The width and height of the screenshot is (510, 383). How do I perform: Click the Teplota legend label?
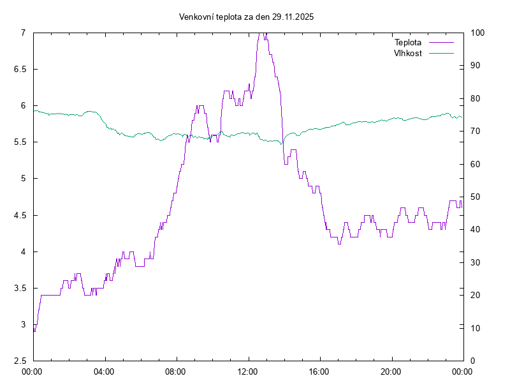pyautogui.click(x=408, y=43)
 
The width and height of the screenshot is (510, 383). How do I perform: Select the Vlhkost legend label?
pyautogui.click(x=408, y=53)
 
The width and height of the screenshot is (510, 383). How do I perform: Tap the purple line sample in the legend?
pyautogui.click(x=441, y=43)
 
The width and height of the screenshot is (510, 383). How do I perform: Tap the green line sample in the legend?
pyautogui.click(x=441, y=53)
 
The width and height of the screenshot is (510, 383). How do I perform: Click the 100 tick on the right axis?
pyautogui.click(x=477, y=33)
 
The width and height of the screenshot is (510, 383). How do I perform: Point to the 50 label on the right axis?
pyautogui.click(x=476, y=197)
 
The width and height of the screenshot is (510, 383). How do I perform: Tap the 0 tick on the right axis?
pyautogui.click(x=473, y=361)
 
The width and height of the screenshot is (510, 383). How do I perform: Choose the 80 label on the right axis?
pyautogui.click(x=476, y=98)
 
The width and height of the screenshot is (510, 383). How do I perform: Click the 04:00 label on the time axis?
pyautogui.click(x=104, y=372)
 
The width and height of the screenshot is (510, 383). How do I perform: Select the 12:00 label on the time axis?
pyautogui.click(x=247, y=372)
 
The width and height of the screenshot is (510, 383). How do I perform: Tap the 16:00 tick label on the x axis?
pyautogui.click(x=319, y=372)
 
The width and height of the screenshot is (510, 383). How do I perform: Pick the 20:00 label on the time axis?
pyautogui.click(x=391, y=372)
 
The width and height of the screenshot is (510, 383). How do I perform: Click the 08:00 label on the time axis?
pyautogui.click(x=175, y=372)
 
